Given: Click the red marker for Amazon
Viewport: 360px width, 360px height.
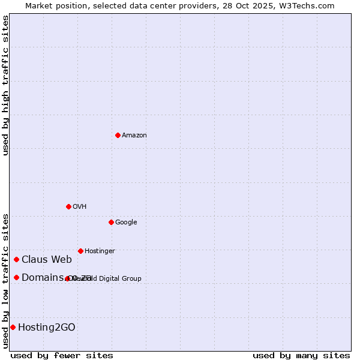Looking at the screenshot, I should coord(118,135).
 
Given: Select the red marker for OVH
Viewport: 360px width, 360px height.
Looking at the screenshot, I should coord(68,206).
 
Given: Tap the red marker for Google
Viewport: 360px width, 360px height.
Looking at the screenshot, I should coord(111,222).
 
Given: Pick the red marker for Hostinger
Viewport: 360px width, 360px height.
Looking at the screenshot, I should coord(80,251).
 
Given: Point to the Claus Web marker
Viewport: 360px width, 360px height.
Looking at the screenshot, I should coord(16,259).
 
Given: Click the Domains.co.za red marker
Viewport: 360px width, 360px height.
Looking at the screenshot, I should coord(16,277).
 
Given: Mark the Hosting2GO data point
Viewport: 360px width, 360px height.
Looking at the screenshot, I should coord(13,327).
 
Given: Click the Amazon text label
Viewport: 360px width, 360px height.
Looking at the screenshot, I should coord(134,136).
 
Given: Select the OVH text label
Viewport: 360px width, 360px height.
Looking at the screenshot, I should coord(79,207).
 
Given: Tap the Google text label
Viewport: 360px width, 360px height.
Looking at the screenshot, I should coord(126,223).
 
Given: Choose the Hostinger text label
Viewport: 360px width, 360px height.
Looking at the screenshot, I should coord(100,251).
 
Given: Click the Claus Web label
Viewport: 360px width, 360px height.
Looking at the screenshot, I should coord(47,260).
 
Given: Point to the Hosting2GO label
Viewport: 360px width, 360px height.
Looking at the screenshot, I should coord(47,328).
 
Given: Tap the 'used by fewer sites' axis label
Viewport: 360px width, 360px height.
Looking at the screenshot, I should coord(62,355).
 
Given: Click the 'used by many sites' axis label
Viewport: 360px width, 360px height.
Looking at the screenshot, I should coord(301,355).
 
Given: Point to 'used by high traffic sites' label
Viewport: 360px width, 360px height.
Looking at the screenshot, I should coord(5,85).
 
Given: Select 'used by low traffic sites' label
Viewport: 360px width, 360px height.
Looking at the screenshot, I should coord(5,280).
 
